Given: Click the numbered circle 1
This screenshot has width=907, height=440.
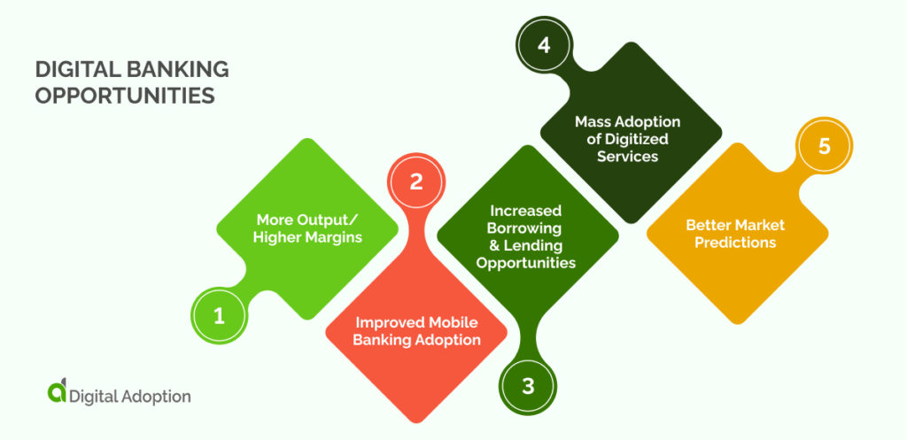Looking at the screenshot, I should tap(219, 316).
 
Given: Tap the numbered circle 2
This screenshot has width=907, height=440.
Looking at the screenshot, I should tap(415, 181).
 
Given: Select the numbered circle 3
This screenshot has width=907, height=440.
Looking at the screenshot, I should tap(528, 386).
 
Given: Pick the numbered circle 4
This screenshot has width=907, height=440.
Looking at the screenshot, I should tap(544, 45).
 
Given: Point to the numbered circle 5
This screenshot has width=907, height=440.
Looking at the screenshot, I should tap(825, 147).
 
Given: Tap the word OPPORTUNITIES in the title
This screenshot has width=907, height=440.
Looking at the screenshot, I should tap(125, 96).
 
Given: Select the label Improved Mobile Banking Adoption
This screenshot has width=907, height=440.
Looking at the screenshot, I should tap(418, 332).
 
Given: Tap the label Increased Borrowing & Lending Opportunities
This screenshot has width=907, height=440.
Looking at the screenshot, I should tap(526, 237).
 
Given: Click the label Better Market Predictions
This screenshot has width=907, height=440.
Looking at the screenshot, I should tap(735, 234).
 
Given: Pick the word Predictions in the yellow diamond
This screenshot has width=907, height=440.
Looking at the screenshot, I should tap(735, 243).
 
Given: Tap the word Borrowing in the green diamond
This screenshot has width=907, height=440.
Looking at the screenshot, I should tap(526, 228).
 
